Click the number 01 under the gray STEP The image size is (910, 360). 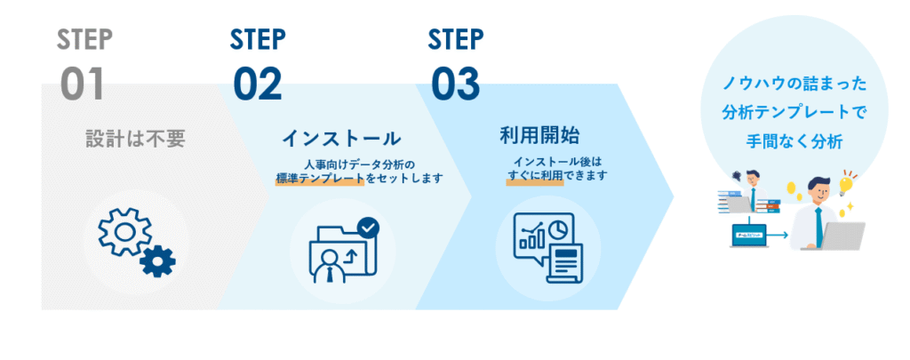coord(83,84)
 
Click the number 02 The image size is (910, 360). coord(258,84)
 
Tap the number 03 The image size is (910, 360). coord(455,84)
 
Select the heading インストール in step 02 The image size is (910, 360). coord(341,139)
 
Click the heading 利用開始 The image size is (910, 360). coord(539,135)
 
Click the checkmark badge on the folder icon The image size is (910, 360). coord(367,228)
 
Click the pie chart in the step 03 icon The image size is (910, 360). coord(557,228)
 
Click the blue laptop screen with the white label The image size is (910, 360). coord(749,235)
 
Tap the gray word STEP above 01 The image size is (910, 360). coord(85,39)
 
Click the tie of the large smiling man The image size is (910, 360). coord(818,222)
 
